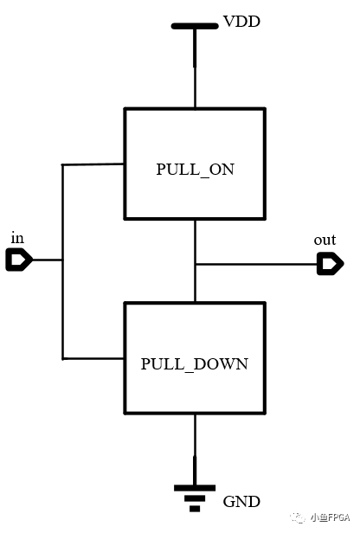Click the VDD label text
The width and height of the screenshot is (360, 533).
pos(241,22)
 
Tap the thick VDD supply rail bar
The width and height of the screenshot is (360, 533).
pos(195,26)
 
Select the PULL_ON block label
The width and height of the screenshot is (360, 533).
pos(195,170)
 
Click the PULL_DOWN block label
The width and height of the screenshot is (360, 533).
pos(195,364)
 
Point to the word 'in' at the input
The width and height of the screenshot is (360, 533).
pos(17,238)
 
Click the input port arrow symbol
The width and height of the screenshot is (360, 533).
pos(19,260)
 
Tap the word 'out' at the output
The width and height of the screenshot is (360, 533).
pos(325,240)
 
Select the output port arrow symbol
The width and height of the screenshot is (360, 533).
pos(331,264)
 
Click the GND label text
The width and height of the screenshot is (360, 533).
pos(241,502)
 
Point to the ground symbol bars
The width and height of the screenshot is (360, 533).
pos(195,498)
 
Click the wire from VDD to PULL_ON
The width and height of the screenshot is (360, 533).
pos(195,68)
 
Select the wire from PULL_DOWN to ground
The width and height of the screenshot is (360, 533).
pos(195,450)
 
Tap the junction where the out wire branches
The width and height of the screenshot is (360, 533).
pos(195,264)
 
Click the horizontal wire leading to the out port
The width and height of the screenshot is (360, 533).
pos(257,264)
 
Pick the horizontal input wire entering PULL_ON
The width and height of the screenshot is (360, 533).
pos(93,164)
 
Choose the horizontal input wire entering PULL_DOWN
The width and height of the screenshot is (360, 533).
pos(93,358)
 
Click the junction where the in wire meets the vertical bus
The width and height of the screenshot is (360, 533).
pos(62,260)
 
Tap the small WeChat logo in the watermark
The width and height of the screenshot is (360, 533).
pos(298,517)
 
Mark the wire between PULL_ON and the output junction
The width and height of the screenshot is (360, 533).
pos(195,241)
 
